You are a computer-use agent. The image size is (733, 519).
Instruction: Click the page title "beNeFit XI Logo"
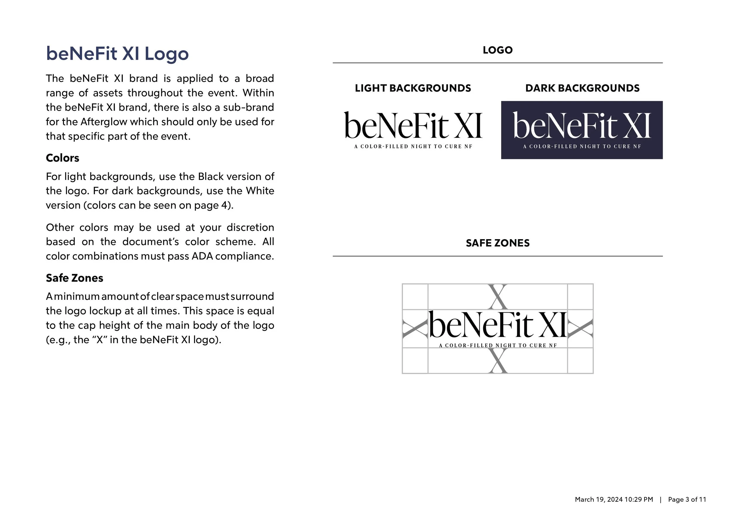click(x=117, y=53)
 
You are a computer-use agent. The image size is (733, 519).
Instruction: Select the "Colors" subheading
click(x=62, y=158)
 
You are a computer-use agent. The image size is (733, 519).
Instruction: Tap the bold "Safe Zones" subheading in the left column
click(x=74, y=278)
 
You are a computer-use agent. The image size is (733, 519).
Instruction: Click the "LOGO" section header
click(x=497, y=50)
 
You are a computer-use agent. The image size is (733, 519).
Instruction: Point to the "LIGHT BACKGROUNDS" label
click(x=413, y=88)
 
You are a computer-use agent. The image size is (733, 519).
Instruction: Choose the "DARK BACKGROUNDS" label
click(x=582, y=88)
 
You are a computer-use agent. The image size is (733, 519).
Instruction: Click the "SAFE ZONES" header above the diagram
click(x=497, y=243)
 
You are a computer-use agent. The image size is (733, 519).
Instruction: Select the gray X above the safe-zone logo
click(x=498, y=297)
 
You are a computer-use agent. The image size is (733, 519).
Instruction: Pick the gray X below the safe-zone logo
click(x=498, y=361)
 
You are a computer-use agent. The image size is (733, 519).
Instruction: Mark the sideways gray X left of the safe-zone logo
click(x=415, y=329)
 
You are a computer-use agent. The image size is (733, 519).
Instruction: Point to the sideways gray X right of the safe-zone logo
click(x=581, y=329)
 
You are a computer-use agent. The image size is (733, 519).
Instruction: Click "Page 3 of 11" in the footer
click(x=687, y=499)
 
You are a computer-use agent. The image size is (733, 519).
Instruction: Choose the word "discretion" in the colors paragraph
click(x=250, y=227)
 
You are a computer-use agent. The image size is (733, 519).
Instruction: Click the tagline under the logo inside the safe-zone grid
click(x=498, y=346)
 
